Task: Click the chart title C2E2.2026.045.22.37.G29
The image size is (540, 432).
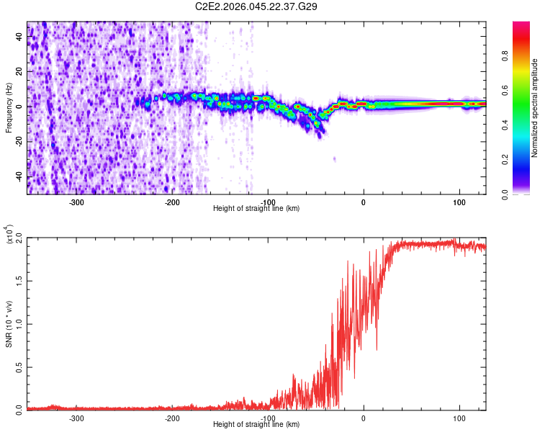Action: (257, 6)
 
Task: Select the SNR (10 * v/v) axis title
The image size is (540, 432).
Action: (9, 323)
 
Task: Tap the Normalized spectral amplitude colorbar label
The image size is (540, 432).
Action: (534, 109)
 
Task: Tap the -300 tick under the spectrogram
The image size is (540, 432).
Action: (76, 202)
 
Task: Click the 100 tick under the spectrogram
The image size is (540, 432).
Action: (459, 202)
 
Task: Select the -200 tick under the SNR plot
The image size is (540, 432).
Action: (172, 418)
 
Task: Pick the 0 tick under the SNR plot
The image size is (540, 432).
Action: (364, 418)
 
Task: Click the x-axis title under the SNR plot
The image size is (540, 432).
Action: (256, 425)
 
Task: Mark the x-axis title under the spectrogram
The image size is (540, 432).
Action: (256, 208)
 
